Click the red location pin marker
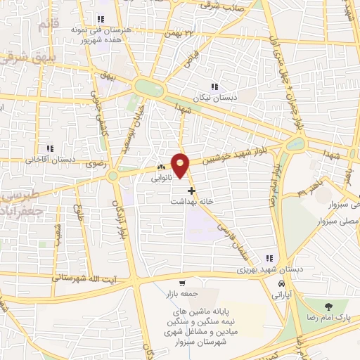click(181, 165)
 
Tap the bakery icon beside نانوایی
click(161, 167)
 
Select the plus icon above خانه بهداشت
click(191, 190)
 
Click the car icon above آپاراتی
click(282, 284)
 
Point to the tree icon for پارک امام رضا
click(328, 306)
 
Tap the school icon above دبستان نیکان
click(214, 86)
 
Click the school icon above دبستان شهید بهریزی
click(269, 258)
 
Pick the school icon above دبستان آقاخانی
click(49, 148)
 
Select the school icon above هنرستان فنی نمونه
click(101, 19)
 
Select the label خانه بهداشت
click(189, 200)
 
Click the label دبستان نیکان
click(215, 98)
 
